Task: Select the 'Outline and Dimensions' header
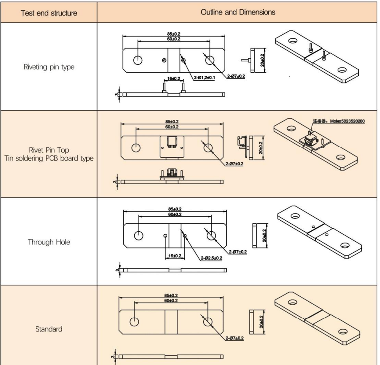point(238,12)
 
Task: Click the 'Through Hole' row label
point(48,242)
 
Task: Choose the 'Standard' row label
point(48,329)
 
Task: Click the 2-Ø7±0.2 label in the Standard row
point(235,337)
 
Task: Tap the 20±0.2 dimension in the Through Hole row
point(263,235)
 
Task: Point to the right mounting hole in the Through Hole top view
point(211,235)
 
